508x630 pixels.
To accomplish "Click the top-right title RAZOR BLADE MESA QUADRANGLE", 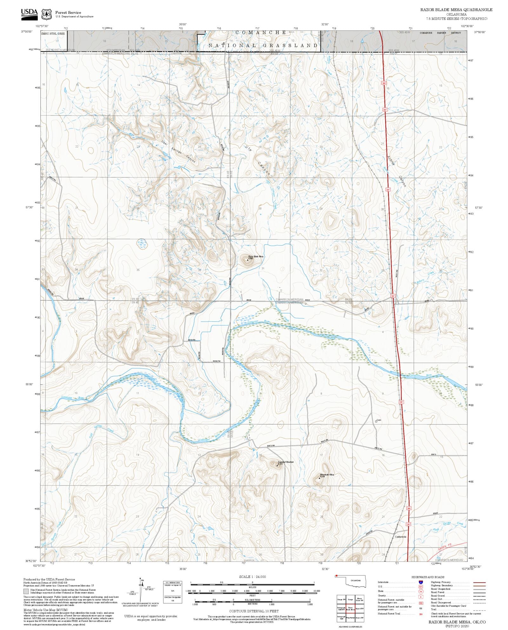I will click(x=456, y=10).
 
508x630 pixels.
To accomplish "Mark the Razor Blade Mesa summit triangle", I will click(x=248, y=260).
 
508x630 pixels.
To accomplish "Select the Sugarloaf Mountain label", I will click(x=286, y=462).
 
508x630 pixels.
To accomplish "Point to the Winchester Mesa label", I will click(x=327, y=475).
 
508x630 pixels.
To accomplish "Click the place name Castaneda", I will click(x=400, y=537).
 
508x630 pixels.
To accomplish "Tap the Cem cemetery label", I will click(x=379, y=420).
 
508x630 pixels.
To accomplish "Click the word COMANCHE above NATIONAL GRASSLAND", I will click(x=261, y=33).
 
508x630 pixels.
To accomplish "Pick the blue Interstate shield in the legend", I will click(x=421, y=582).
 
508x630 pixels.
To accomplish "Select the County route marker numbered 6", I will click(x=421, y=597).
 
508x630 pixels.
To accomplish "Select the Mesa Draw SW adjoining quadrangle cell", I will click(x=359, y=600).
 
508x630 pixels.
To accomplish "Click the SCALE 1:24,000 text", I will click(x=252, y=577).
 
